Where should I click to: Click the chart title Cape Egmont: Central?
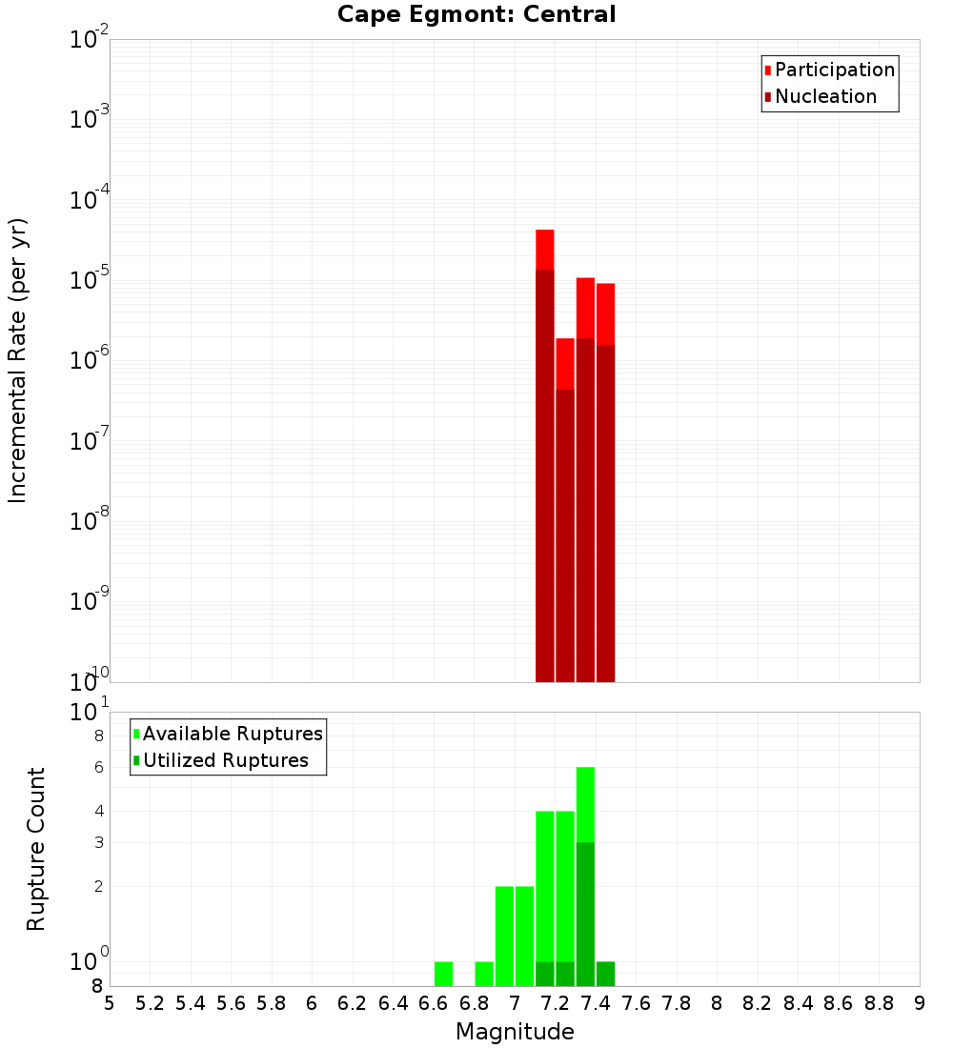click(x=476, y=14)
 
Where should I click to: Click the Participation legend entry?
click(x=835, y=70)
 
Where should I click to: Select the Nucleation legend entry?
click(x=825, y=96)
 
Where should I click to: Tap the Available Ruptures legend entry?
click(x=233, y=734)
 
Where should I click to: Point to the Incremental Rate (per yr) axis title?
click(x=18, y=360)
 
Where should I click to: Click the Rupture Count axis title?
click(x=36, y=849)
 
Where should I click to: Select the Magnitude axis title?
click(x=515, y=1032)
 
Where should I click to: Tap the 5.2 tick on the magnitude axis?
click(x=150, y=1002)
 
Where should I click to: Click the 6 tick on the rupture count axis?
click(x=97, y=768)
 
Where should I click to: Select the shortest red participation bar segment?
click(x=565, y=363)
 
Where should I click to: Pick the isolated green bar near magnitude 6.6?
click(x=443, y=974)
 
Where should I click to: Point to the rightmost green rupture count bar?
click(x=605, y=974)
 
